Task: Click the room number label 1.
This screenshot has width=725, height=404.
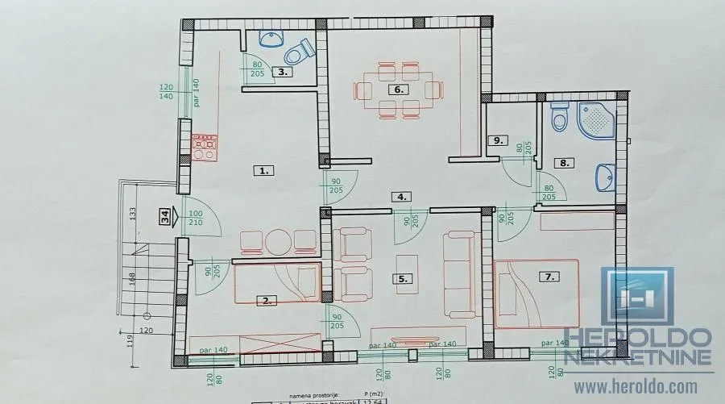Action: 263,170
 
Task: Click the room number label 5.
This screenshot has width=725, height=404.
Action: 403,279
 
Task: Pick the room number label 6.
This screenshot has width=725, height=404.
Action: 398,90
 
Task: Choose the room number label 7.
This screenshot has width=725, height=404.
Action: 550,277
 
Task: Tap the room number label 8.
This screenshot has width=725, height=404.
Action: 565,162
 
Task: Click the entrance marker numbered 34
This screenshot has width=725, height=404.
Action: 165,216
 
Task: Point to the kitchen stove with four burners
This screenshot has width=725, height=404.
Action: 203,148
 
